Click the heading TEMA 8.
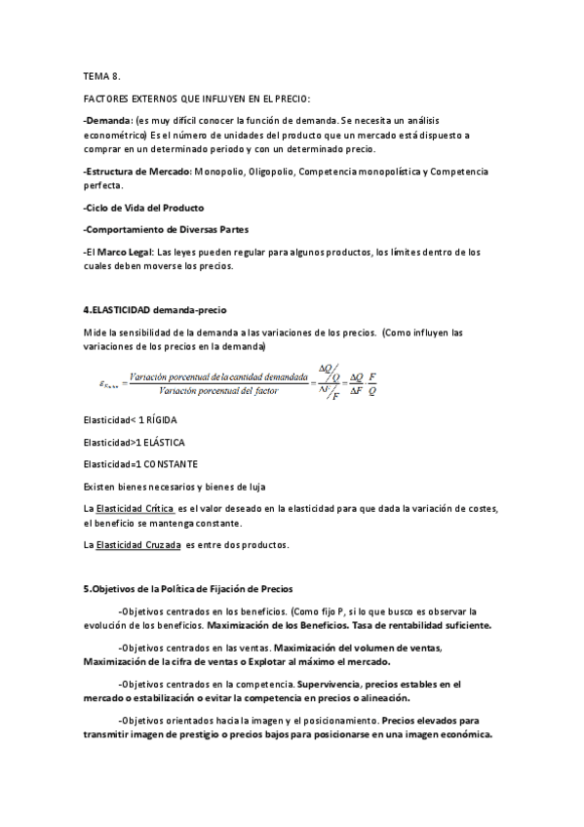(x=101, y=74)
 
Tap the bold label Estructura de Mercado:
(x=138, y=172)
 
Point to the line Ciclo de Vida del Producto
(x=144, y=208)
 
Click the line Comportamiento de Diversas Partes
(x=166, y=229)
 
